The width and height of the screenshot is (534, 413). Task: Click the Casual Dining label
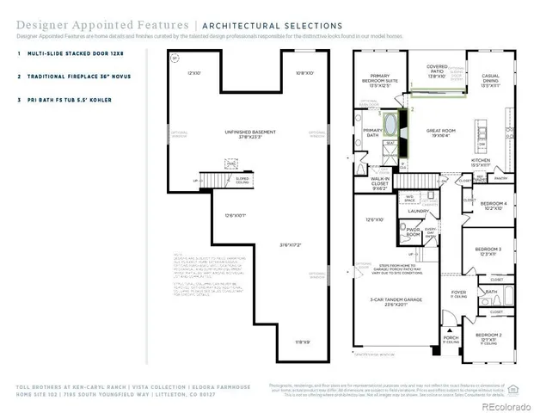click(491, 80)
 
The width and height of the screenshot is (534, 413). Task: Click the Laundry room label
click(419, 211)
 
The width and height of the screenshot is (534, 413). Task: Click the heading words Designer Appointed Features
click(67, 26)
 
